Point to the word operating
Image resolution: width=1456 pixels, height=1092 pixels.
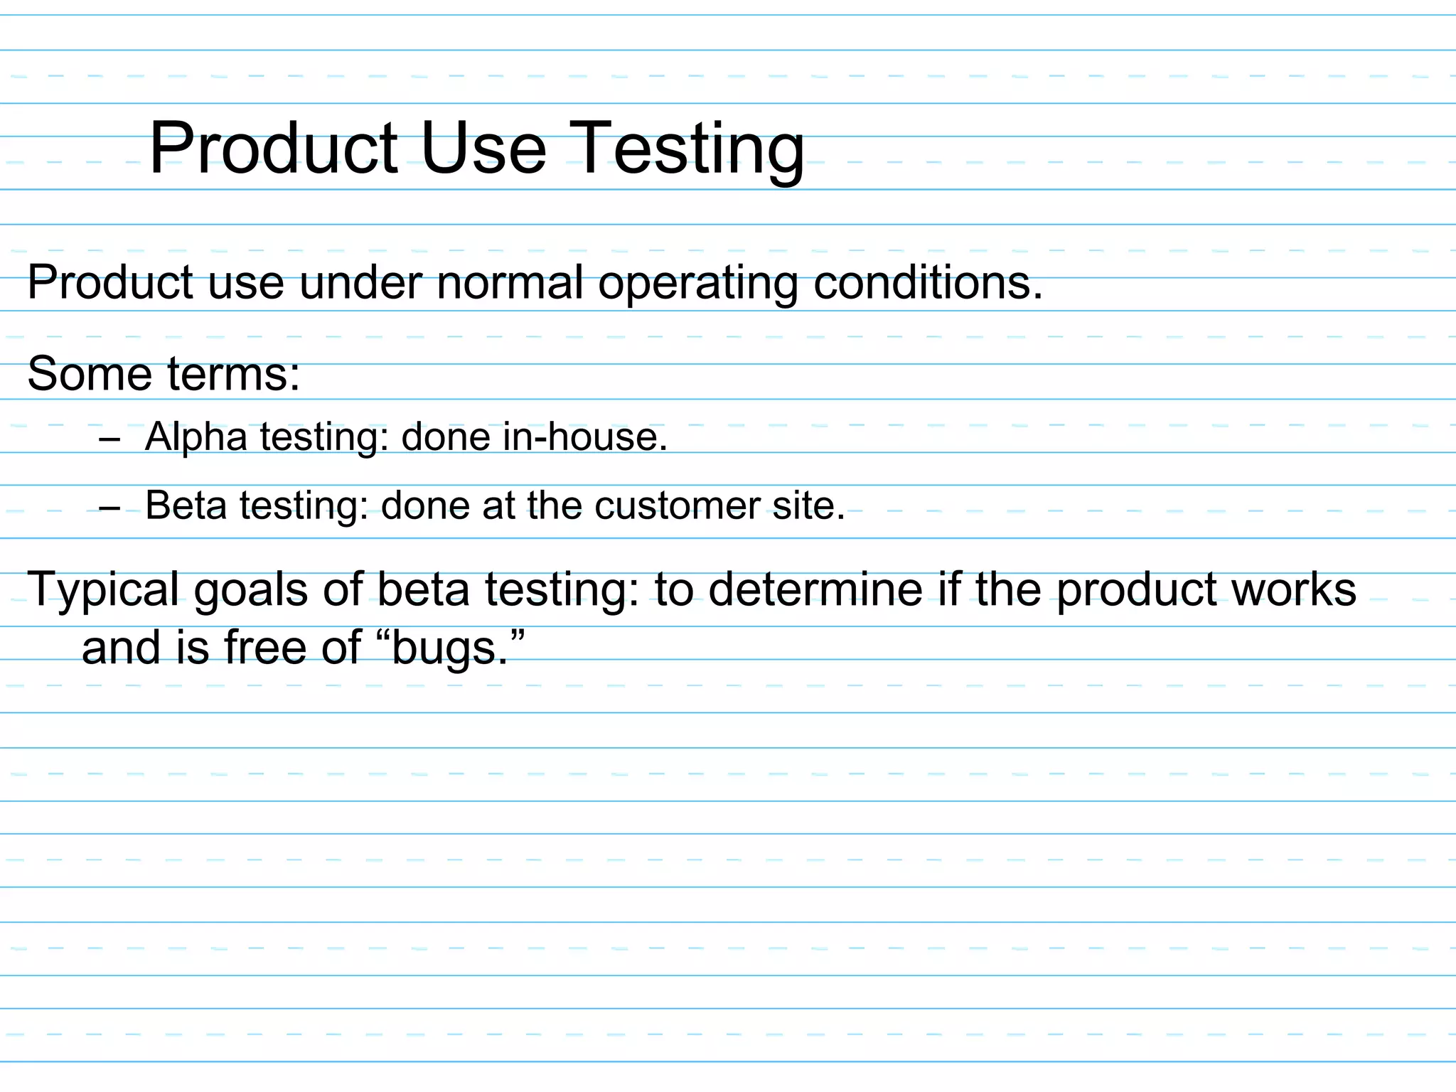(x=698, y=284)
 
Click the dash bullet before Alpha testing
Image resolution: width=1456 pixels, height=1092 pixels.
(x=110, y=440)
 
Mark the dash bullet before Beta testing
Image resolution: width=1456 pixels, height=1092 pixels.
(x=110, y=509)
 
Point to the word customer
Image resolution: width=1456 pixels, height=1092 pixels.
(x=678, y=505)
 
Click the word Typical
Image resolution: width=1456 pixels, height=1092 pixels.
(x=103, y=589)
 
